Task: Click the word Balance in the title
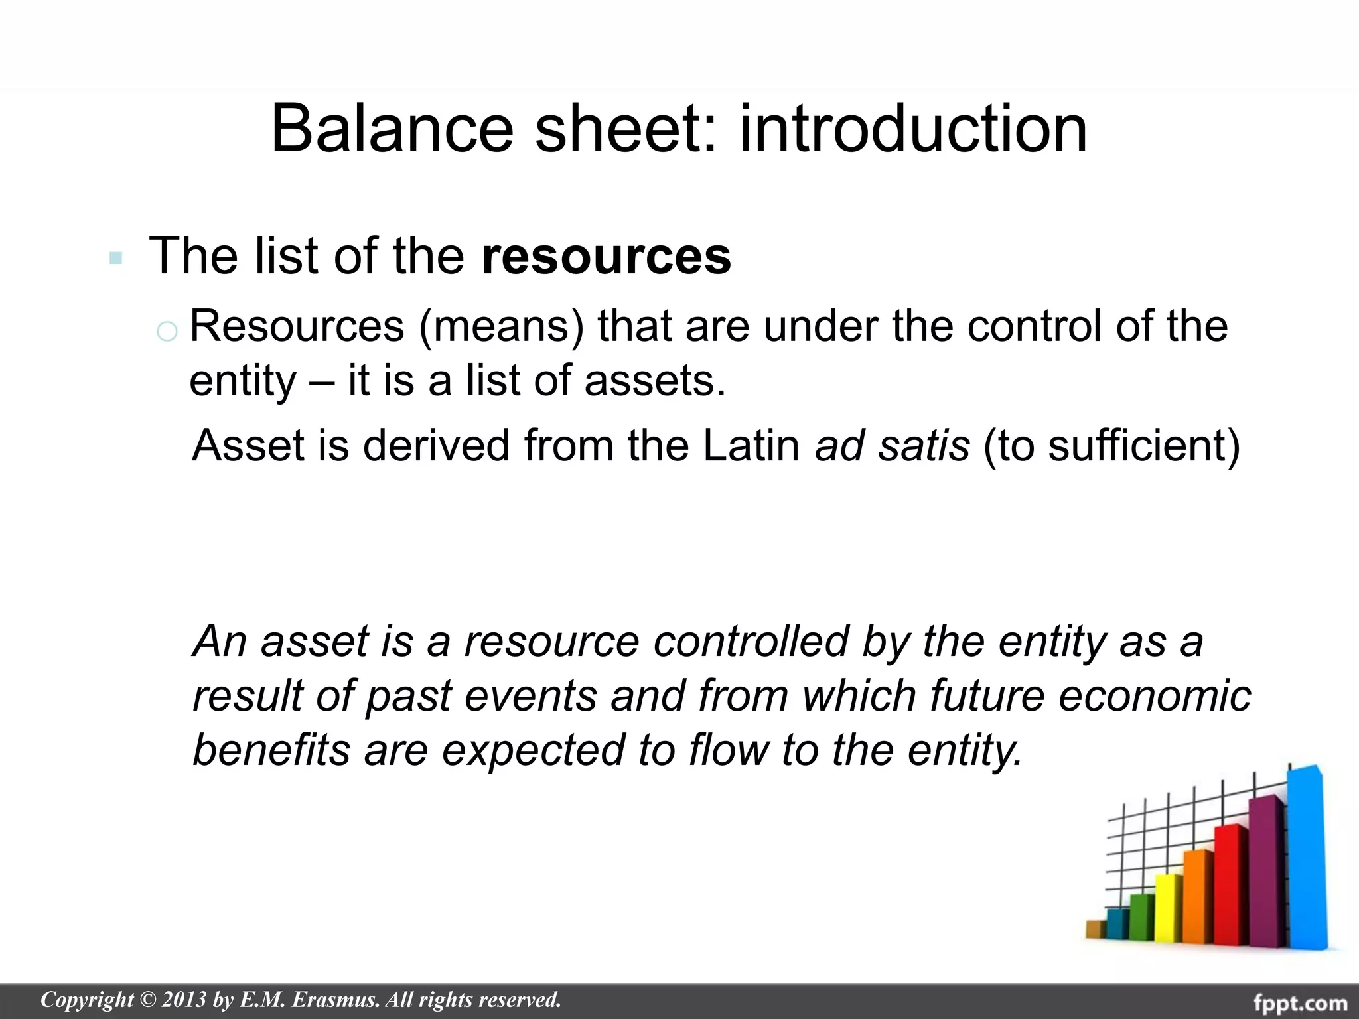coord(392,129)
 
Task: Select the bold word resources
coord(606,256)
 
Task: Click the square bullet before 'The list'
coord(116,258)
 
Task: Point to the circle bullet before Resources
coord(167,330)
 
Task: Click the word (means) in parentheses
coord(501,326)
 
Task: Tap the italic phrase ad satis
coord(892,445)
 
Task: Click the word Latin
coord(751,445)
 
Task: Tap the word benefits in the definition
coord(271,750)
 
